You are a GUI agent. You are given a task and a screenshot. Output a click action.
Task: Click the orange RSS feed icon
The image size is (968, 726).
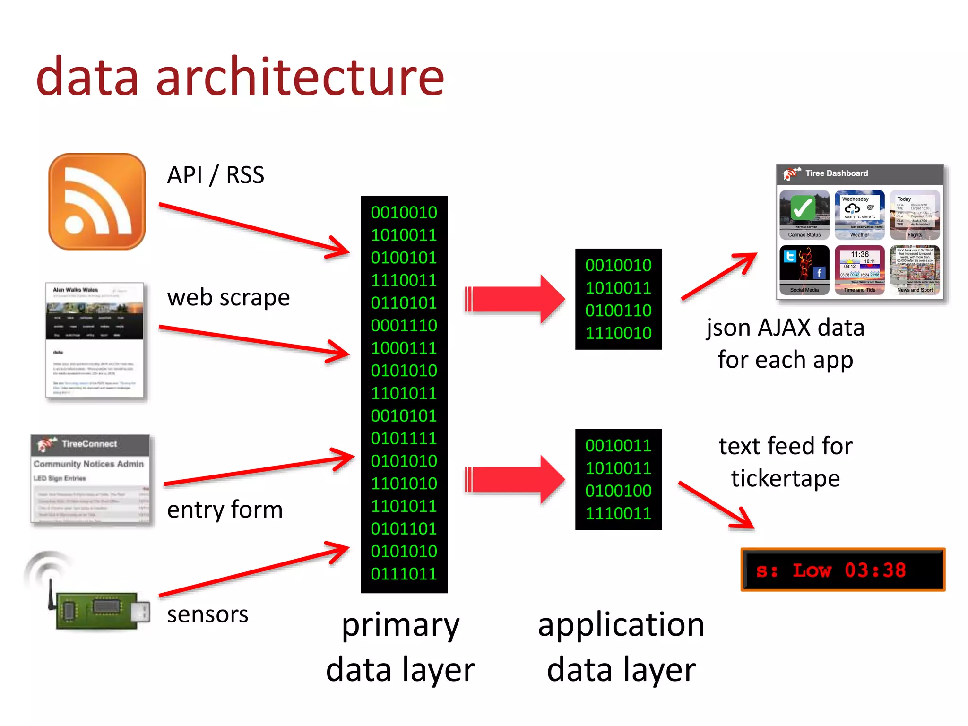[97, 201]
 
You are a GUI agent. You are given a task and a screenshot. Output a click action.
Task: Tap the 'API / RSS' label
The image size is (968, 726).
[216, 175]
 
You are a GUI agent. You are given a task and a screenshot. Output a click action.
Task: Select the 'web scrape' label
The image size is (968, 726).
[228, 298]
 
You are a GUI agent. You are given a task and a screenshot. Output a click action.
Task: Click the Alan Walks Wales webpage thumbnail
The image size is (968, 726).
[95, 340]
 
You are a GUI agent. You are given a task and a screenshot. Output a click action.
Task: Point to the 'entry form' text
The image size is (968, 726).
[225, 510]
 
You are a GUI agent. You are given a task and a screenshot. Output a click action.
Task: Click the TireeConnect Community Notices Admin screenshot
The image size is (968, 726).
[91, 479]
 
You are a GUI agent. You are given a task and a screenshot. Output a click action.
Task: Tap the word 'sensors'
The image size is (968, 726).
[207, 614]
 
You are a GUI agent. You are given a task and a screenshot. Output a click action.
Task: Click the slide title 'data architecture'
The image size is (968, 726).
[240, 77]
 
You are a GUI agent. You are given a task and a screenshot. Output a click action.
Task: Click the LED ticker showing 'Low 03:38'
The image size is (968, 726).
[843, 570]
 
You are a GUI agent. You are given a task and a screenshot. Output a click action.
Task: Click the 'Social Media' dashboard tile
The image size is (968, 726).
[804, 269]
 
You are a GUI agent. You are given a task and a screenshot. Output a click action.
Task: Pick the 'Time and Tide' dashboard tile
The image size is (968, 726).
[859, 269]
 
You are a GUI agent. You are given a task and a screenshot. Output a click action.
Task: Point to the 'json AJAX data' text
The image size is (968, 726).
[785, 328]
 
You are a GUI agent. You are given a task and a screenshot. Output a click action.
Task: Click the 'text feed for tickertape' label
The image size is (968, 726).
[785, 462]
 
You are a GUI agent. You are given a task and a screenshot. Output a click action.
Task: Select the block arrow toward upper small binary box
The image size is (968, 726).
[515, 299]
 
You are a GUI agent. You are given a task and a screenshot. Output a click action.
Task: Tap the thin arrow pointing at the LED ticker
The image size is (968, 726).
[716, 504]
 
